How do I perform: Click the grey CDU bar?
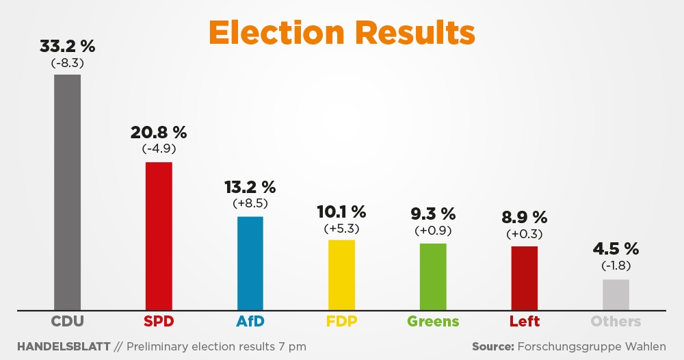67,192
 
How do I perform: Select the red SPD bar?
159,235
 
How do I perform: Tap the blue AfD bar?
250,263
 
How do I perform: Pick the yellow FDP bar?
341,274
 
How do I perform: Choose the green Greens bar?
433,277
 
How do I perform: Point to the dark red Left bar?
525,278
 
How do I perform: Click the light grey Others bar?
616,294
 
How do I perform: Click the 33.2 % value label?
67,47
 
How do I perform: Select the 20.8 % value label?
159,132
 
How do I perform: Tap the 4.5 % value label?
616,248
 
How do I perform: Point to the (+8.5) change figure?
250,203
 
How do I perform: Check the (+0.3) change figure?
525,234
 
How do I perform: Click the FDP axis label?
341,321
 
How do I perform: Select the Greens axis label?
433,321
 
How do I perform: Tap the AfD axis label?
250,321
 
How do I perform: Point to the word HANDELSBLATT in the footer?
64,346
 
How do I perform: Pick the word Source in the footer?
493,346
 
